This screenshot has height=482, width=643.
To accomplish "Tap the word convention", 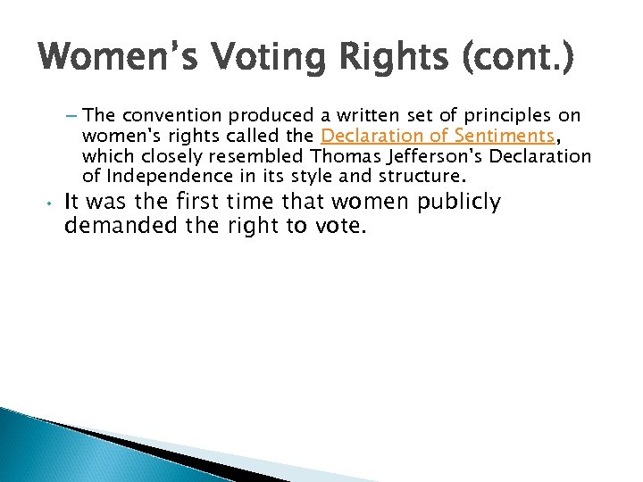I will coord(172,115).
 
